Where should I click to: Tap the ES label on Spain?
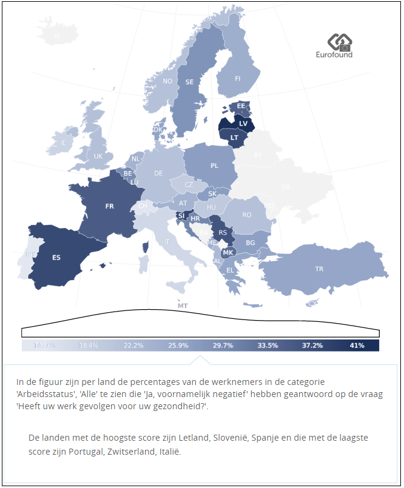[x=56, y=257]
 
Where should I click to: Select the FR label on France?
[x=109, y=206]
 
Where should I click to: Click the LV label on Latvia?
[x=243, y=123]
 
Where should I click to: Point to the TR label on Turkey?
[x=318, y=268]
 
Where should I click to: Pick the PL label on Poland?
[x=214, y=165]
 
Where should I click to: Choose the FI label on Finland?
[x=238, y=79]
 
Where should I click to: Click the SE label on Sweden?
[x=189, y=82]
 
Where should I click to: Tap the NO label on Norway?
[x=167, y=81]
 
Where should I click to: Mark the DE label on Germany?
[x=158, y=173]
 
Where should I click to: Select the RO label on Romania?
[x=246, y=215]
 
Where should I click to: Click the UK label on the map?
[x=98, y=156]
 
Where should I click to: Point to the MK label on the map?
[x=228, y=252]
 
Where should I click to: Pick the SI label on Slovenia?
[x=181, y=215]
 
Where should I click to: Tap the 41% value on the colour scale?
[x=357, y=346]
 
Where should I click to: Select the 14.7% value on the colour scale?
[x=44, y=346]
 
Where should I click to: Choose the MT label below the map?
[x=183, y=306]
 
